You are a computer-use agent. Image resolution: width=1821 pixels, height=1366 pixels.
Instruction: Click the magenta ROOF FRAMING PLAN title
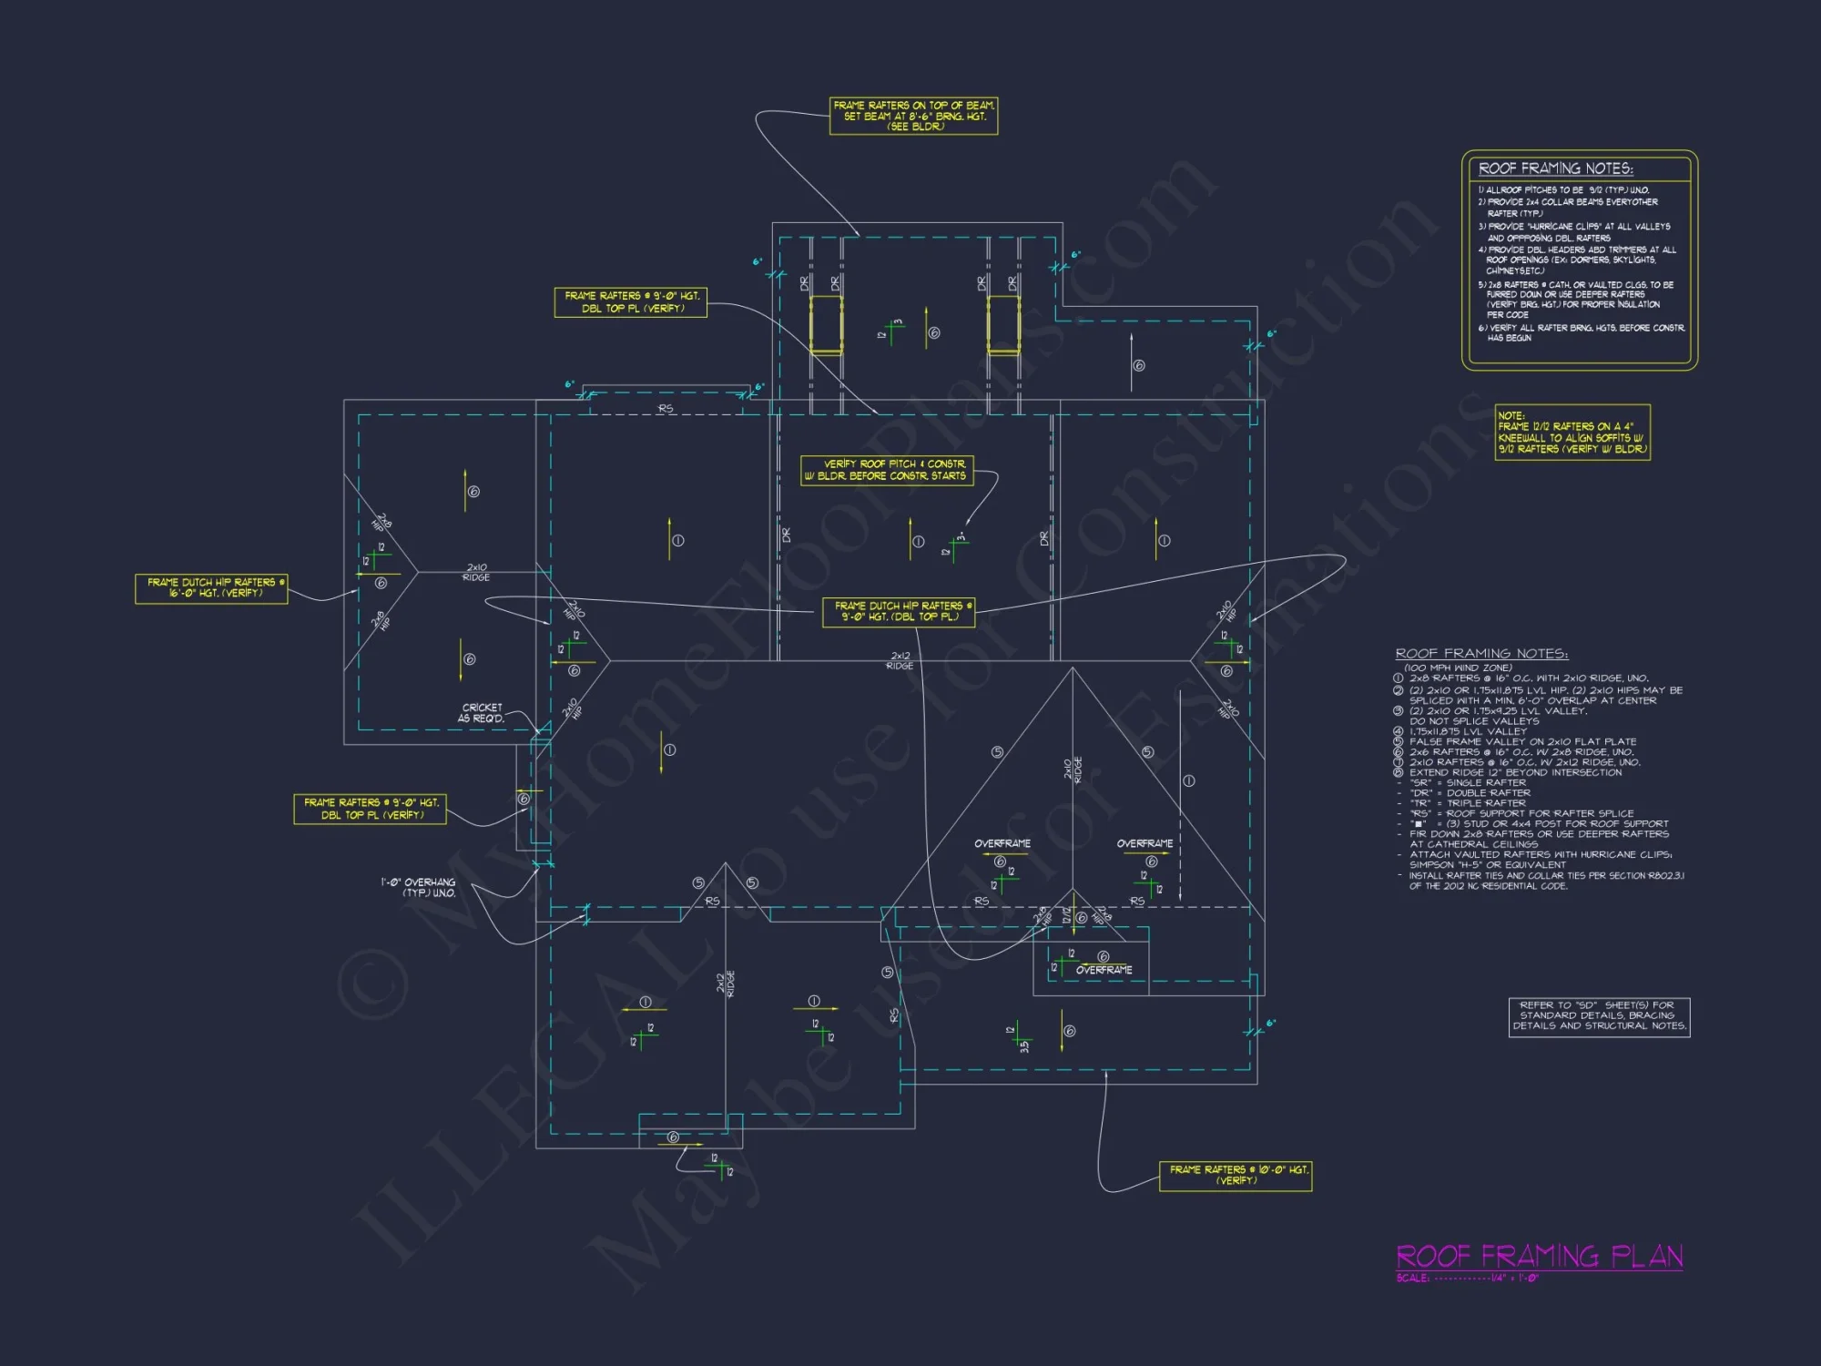click(1539, 1257)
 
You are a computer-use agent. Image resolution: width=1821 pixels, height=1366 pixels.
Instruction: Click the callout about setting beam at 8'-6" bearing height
click(913, 116)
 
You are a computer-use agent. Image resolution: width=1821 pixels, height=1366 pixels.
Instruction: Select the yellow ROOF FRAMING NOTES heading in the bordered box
click(1555, 168)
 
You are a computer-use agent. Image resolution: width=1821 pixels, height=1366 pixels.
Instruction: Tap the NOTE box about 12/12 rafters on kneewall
click(1572, 433)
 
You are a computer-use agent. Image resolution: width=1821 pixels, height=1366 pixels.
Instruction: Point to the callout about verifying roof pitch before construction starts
click(887, 470)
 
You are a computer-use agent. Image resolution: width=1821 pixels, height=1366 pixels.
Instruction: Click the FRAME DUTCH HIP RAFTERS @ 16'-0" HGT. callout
click(211, 588)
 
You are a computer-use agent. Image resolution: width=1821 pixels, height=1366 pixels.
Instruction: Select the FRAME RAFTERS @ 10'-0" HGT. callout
click(1235, 1175)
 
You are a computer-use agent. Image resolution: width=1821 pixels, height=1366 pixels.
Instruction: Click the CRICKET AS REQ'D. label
click(481, 713)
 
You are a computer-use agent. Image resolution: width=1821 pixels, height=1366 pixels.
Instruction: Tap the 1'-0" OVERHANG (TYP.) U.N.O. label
click(418, 888)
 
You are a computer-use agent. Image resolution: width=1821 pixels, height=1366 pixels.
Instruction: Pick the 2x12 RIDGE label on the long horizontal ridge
click(900, 661)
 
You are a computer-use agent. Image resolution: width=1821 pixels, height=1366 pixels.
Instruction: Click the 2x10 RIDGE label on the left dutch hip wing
click(476, 572)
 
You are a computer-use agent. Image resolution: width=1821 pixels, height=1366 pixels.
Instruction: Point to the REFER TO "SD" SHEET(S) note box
click(1599, 1016)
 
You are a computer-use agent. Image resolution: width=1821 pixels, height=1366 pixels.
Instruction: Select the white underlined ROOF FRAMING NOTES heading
click(1481, 654)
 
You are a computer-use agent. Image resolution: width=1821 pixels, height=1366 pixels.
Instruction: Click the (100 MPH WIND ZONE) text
click(1458, 668)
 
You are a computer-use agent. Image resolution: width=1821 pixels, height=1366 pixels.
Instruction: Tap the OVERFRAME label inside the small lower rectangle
click(1104, 971)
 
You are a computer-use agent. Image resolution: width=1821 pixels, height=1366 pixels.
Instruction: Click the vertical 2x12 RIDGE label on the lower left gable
click(725, 984)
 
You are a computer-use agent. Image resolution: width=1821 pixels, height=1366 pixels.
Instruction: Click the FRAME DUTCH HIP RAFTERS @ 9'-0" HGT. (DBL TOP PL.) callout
click(898, 612)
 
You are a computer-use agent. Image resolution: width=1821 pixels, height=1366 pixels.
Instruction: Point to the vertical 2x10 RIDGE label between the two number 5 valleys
click(1073, 770)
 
